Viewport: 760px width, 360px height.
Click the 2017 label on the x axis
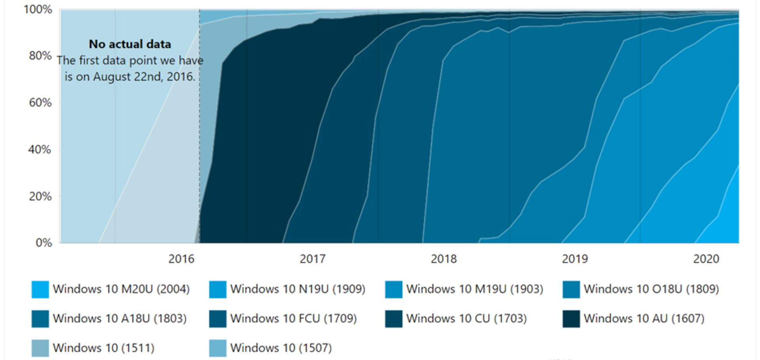click(312, 259)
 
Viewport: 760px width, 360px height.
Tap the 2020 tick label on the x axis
click(706, 259)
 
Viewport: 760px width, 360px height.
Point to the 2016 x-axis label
click(181, 259)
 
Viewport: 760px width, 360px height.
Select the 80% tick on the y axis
click(40, 56)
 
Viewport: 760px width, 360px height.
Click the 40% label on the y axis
click(40, 150)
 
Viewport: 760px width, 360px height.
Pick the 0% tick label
click(44, 242)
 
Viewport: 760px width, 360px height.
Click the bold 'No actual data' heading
click(130, 44)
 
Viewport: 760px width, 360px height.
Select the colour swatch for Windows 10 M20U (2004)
click(40, 289)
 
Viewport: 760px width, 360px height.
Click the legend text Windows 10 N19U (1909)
click(298, 289)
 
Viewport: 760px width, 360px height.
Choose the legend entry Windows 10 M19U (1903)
click(475, 289)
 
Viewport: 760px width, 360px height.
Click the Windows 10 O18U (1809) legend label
click(651, 289)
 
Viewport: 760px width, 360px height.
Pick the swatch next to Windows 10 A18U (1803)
click(40, 319)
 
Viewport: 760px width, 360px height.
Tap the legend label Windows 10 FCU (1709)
click(293, 318)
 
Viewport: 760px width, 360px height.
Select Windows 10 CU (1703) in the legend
click(466, 318)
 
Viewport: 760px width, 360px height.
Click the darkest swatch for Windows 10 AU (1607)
click(571, 319)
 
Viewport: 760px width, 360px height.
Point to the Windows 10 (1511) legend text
click(103, 348)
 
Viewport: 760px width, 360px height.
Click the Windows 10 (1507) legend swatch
click(217, 348)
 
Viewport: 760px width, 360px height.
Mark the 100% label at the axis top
click(38, 9)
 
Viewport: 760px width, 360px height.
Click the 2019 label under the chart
click(575, 259)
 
